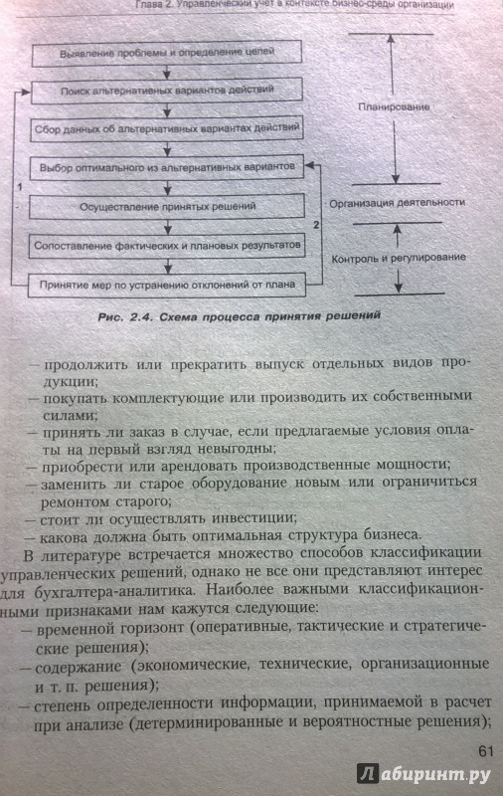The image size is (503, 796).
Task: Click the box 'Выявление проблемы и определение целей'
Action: tap(167, 53)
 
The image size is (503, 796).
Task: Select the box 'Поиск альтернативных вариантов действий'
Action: tap(167, 91)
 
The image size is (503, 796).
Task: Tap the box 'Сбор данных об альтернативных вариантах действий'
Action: tap(167, 129)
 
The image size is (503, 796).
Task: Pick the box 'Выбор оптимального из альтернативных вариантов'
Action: tap(167, 167)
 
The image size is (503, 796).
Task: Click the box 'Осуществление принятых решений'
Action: tap(167, 207)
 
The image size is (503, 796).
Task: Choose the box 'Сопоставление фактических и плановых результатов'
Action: tap(167, 246)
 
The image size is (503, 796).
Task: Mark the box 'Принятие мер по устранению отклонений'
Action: tap(167, 285)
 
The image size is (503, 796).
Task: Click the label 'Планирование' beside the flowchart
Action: tap(394, 107)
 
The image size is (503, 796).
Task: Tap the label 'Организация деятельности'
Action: tap(397, 203)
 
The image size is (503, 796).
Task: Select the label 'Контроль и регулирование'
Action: tap(399, 258)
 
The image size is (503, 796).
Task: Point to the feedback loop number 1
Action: tap(20, 187)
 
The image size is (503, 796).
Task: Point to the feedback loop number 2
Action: tap(316, 225)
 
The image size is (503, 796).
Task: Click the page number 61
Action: tap(486, 751)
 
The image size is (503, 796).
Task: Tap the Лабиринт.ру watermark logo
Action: tap(423, 774)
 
